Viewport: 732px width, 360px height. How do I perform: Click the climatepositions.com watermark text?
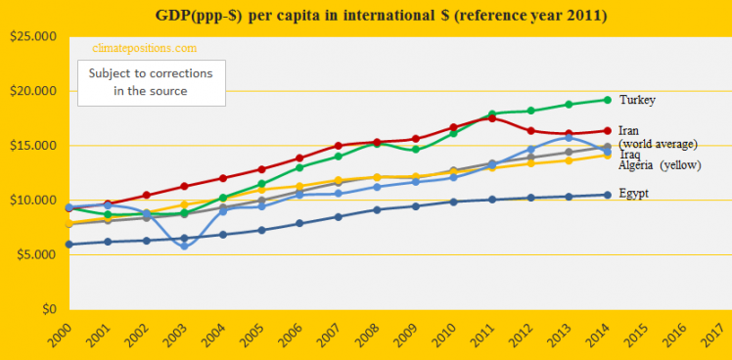[x=144, y=47]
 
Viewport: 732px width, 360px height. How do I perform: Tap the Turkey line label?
[x=637, y=100]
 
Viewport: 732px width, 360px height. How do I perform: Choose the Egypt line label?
[x=634, y=193]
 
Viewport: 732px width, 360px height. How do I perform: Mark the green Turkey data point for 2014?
[x=608, y=100]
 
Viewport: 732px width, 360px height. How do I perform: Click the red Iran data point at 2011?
[x=491, y=118]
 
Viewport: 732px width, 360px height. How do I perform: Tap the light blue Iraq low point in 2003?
[x=183, y=246]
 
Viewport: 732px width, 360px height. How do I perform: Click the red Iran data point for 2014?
[x=608, y=130]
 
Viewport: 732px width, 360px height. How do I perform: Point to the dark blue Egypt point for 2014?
[x=608, y=195]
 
